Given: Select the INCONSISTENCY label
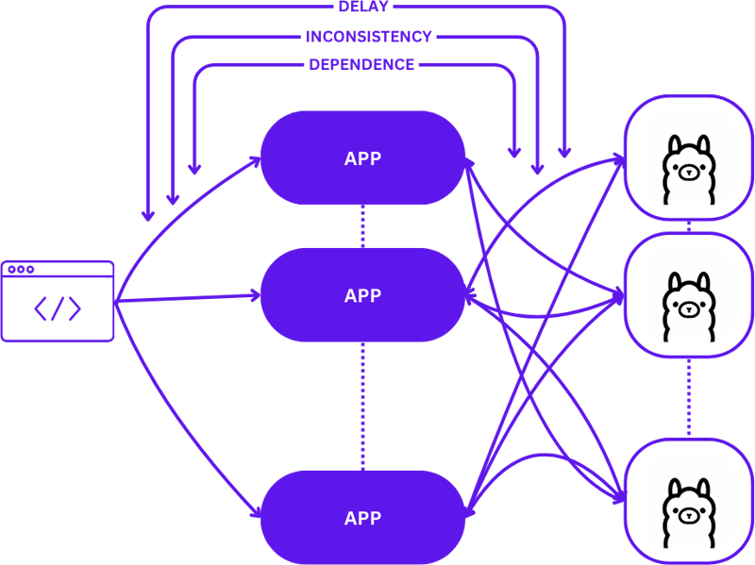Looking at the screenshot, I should point(368,37).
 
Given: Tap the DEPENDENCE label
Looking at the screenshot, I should point(361,65).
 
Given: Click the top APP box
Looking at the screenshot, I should point(362,158).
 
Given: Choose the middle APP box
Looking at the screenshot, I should point(362,295).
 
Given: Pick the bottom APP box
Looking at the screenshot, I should point(362,518).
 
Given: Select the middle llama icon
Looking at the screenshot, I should point(688,306).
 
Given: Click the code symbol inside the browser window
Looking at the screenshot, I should point(58,308).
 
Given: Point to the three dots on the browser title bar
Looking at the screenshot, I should point(20,270).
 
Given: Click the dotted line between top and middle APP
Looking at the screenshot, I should point(362,226).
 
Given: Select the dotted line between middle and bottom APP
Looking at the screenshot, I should point(362,406).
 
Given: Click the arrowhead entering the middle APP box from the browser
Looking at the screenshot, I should point(255,296).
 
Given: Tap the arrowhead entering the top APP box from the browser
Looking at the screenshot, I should point(255,162).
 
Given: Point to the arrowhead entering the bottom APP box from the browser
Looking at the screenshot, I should point(255,514).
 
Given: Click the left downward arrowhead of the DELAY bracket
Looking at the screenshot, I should point(147,215).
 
